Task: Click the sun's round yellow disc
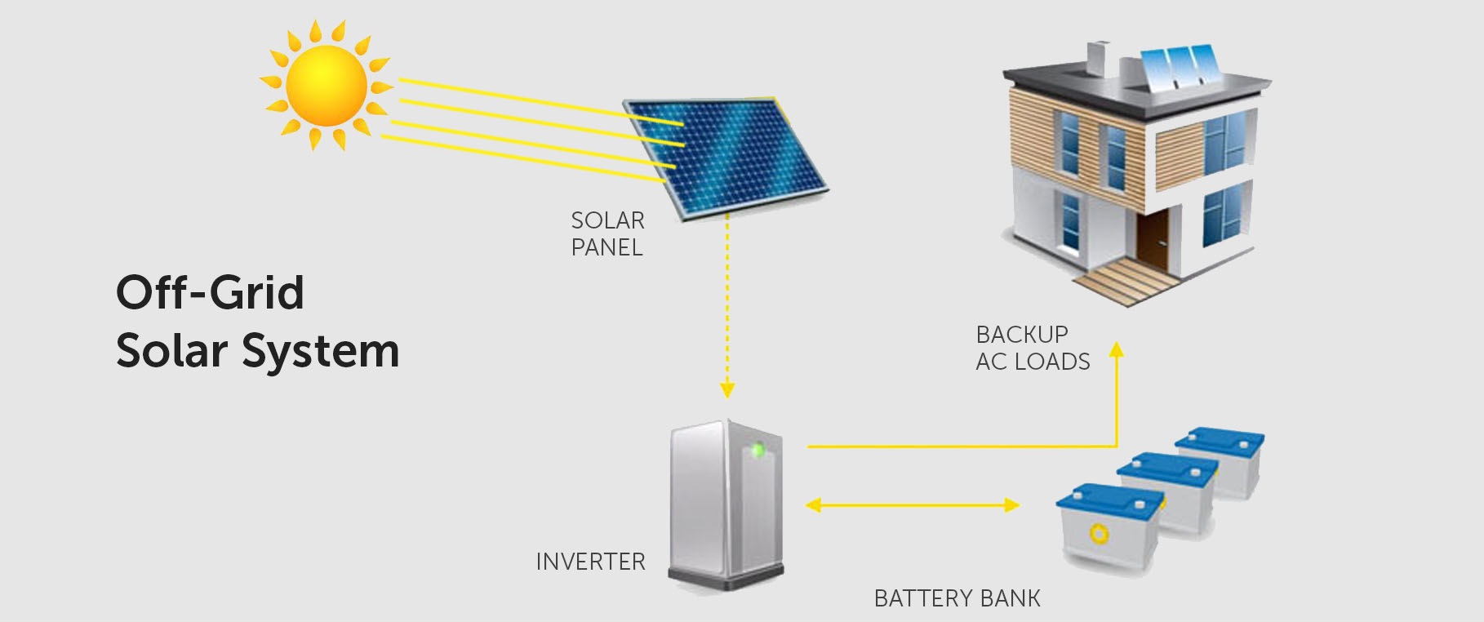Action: point(326,86)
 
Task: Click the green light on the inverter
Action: point(757,449)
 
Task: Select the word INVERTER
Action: point(590,562)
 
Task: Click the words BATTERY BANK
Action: point(957,598)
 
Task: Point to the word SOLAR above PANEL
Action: point(607,220)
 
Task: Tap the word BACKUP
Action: point(1022,335)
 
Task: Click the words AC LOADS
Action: point(1033,362)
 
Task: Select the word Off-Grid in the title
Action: point(210,292)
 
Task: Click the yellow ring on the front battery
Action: point(1099,534)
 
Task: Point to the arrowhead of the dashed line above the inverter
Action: point(727,390)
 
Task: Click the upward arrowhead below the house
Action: point(1117,349)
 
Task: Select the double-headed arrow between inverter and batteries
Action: point(912,505)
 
